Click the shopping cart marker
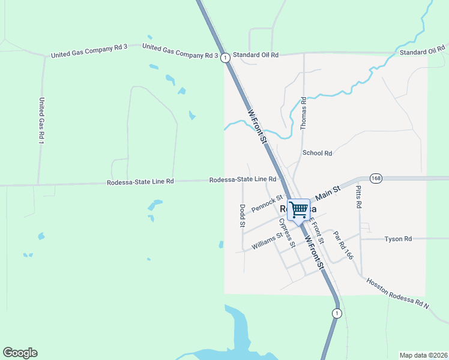298,210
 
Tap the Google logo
20,353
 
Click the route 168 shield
376,178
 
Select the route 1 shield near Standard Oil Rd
224,58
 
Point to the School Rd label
318,153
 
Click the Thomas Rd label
303,113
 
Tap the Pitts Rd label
359,197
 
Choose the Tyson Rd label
399,239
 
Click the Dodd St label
243,215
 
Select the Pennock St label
267,203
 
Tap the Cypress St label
287,232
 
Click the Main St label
328,193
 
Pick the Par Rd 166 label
344,246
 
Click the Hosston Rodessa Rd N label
397,293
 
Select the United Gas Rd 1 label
41,121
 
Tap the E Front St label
316,231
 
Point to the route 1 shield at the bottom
337,313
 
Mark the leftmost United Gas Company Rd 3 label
89,54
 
